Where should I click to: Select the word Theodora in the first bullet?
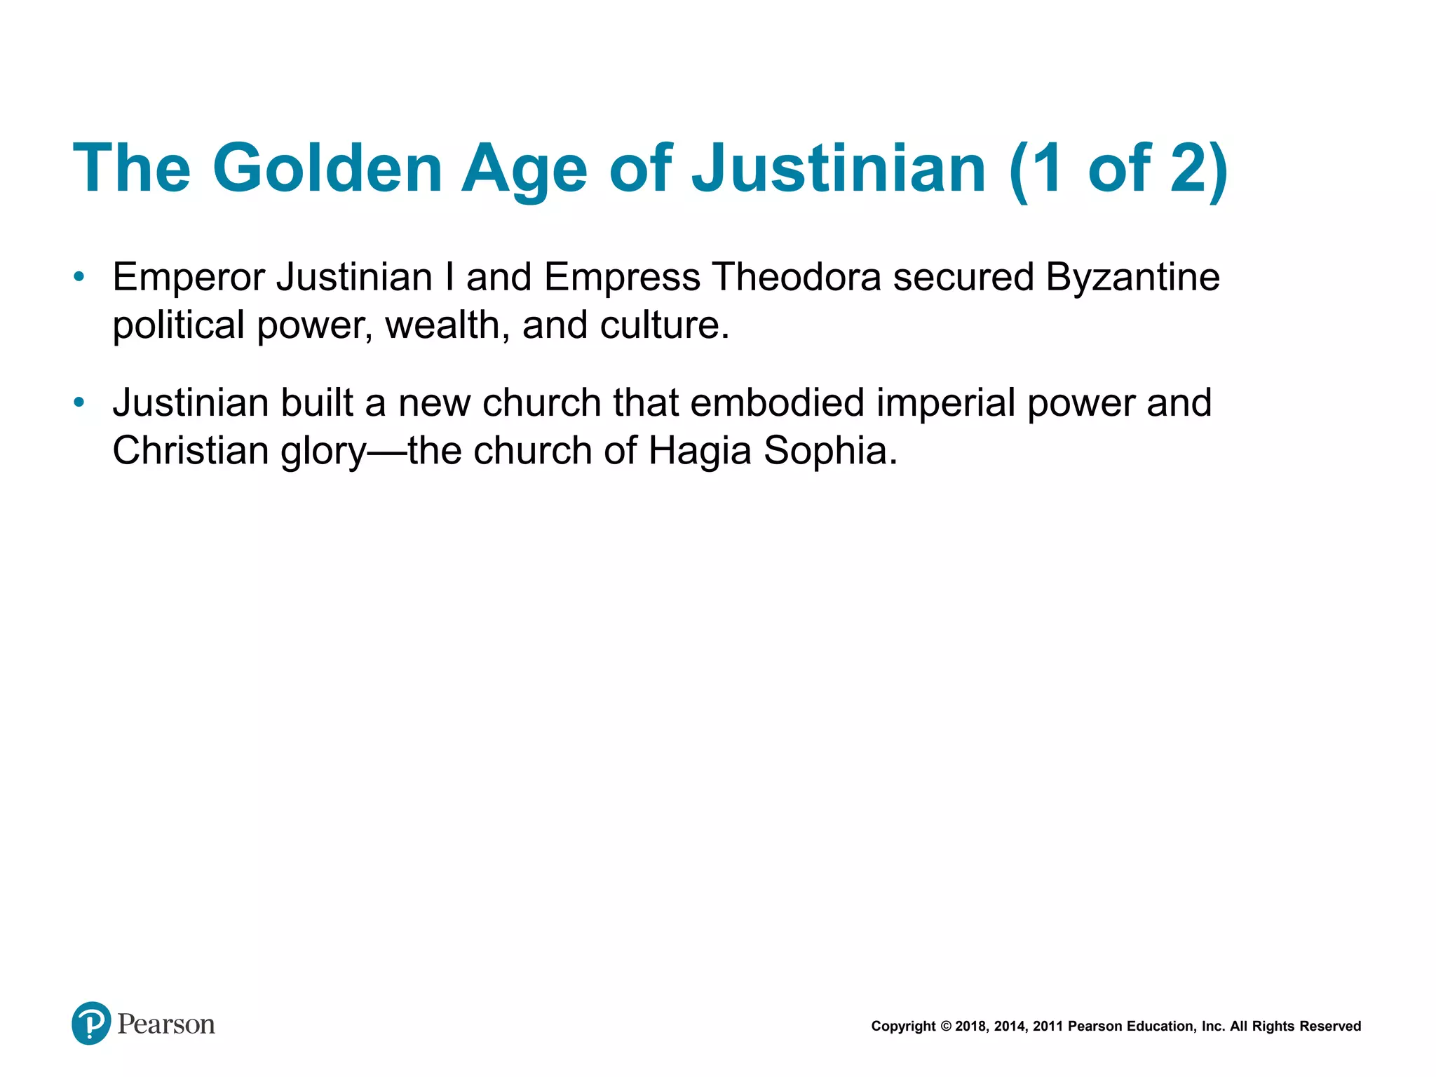coord(796,277)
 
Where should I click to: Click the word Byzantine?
coord(1132,278)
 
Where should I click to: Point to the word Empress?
coord(622,278)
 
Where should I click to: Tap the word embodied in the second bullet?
coord(777,403)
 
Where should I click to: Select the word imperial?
coord(945,405)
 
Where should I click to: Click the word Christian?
coord(191,450)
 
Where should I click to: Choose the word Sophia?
coord(830,452)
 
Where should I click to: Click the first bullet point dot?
coord(79,277)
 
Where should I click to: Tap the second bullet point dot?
coord(79,402)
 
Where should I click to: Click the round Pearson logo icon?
coord(91,1023)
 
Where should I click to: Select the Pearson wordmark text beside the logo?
coord(166,1024)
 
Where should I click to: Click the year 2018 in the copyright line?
coord(971,1027)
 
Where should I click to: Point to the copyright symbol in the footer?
coord(945,1027)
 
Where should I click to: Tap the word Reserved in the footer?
coord(1330,1027)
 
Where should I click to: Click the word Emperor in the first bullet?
coord(189,278)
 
